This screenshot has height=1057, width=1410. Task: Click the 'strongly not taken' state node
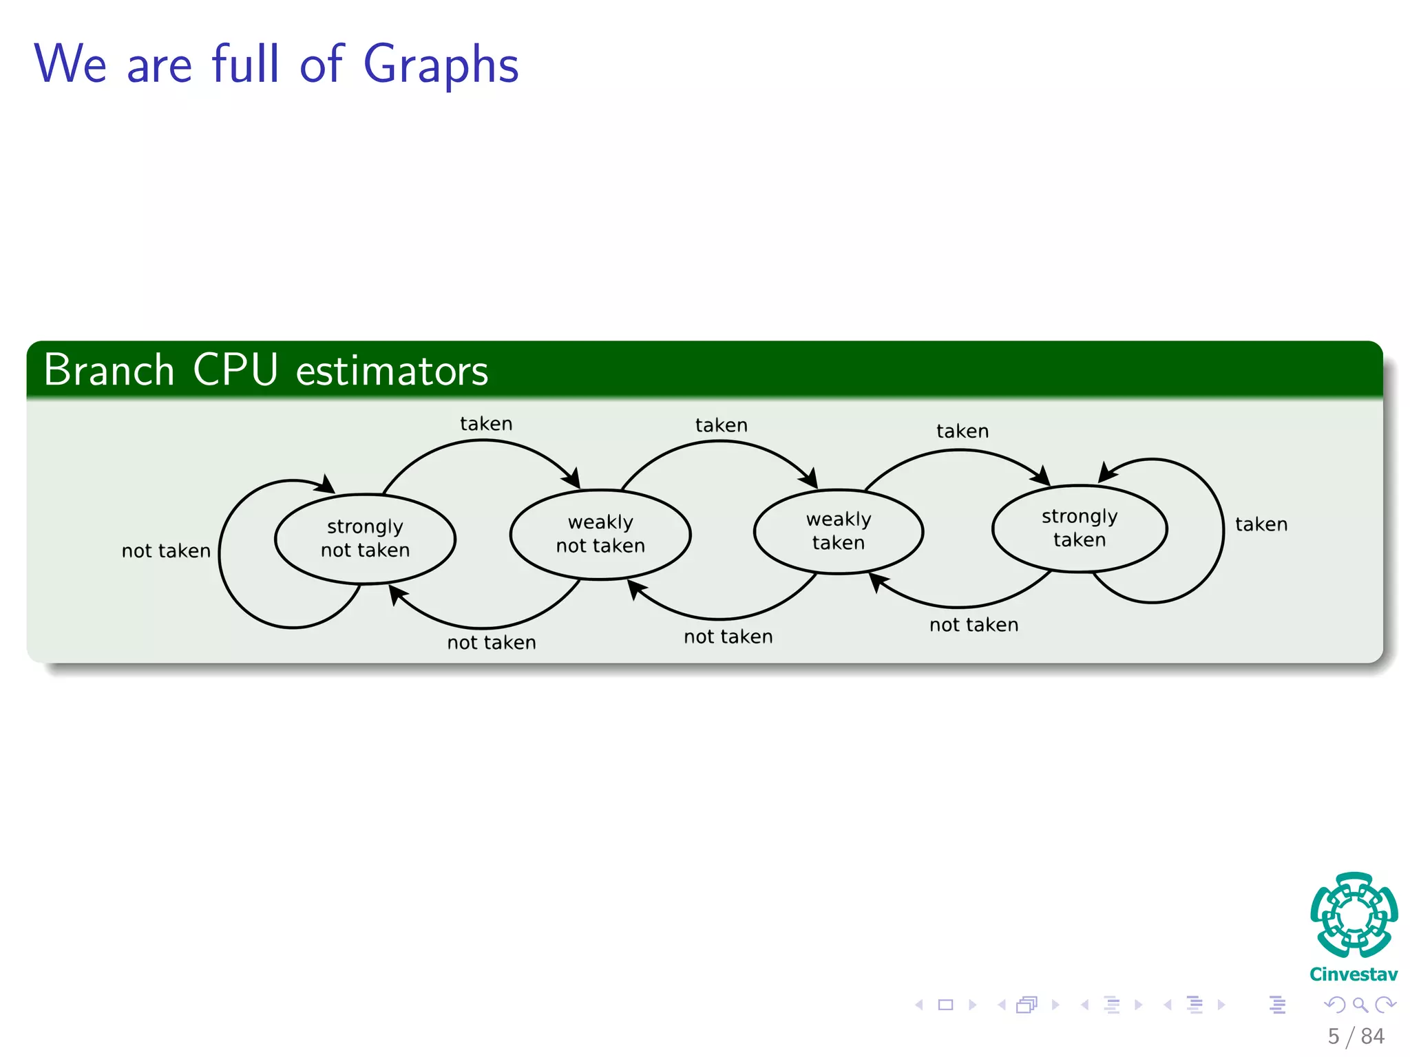tap(365, 539)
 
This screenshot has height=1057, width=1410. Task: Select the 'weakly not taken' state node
tap(600, 534)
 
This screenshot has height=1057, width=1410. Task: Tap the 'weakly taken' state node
tap(839, 531)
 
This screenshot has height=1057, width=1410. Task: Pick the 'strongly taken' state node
tap(1080, 528)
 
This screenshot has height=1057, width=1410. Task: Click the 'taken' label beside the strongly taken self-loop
tap(1261, 524)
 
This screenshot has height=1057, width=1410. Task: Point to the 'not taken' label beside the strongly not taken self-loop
tap(166, 551)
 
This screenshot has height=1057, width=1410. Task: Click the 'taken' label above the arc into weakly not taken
tap(486, 424)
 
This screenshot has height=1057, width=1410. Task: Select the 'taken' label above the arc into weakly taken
tap(721, 425)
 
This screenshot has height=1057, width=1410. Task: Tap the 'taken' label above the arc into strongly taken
tap(962, 431)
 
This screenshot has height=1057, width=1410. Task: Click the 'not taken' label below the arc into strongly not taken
tap(492, 643)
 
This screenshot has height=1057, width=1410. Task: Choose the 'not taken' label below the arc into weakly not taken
tap(728, 637)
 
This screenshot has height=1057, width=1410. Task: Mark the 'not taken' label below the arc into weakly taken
tap(974, 625)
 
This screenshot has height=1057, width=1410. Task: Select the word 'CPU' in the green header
tap(235, 370)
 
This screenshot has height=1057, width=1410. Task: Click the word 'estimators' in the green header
tap(392, 372)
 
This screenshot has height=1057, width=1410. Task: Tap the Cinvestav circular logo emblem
tap(1354, 915)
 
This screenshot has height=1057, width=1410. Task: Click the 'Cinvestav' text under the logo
tap(1354, 974)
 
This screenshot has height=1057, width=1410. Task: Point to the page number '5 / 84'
tap(1356, 1036)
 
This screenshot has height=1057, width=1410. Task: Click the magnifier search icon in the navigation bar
tap(1360, 1005)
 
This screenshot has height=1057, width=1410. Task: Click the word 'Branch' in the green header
tap(109, 370)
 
